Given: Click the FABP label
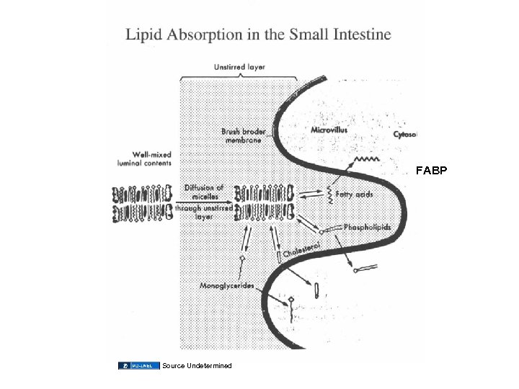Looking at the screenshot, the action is tap(432, 171).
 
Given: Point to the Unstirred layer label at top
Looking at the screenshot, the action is tap(239, 67).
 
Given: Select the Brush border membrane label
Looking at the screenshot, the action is tap(244, 137).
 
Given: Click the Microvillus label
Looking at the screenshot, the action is tap(329, 130).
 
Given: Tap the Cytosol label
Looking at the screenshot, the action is tap(405, 135).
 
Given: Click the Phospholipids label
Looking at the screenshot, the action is tap(367, 227).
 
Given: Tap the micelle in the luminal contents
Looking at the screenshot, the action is tap(142, 203).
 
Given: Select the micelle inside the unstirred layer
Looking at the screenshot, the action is tap(264, 202).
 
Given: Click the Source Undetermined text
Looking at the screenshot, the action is tap(197, 366).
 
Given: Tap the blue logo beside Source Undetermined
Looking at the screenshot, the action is tap(138, 366).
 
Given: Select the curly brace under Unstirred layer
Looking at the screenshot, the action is tap(238, 77).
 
